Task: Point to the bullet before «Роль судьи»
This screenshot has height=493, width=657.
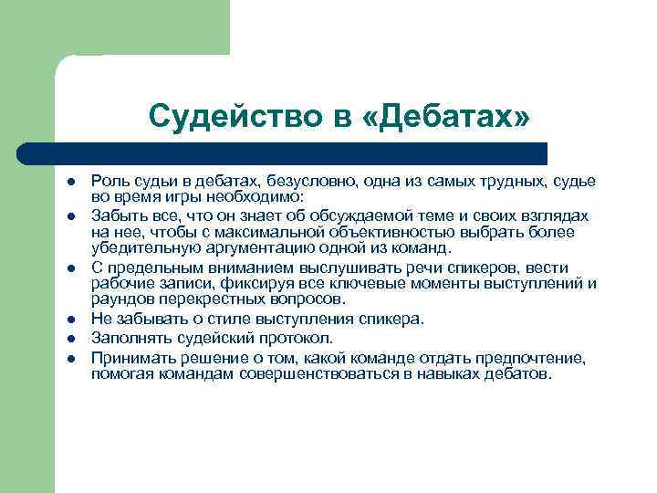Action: [70, 183]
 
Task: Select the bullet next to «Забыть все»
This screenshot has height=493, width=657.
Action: [70, 215]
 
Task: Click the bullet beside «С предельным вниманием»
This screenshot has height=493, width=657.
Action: [70, 267]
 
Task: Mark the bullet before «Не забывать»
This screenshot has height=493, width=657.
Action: [70, 320]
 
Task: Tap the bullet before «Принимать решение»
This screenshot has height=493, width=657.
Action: [70, 357]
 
